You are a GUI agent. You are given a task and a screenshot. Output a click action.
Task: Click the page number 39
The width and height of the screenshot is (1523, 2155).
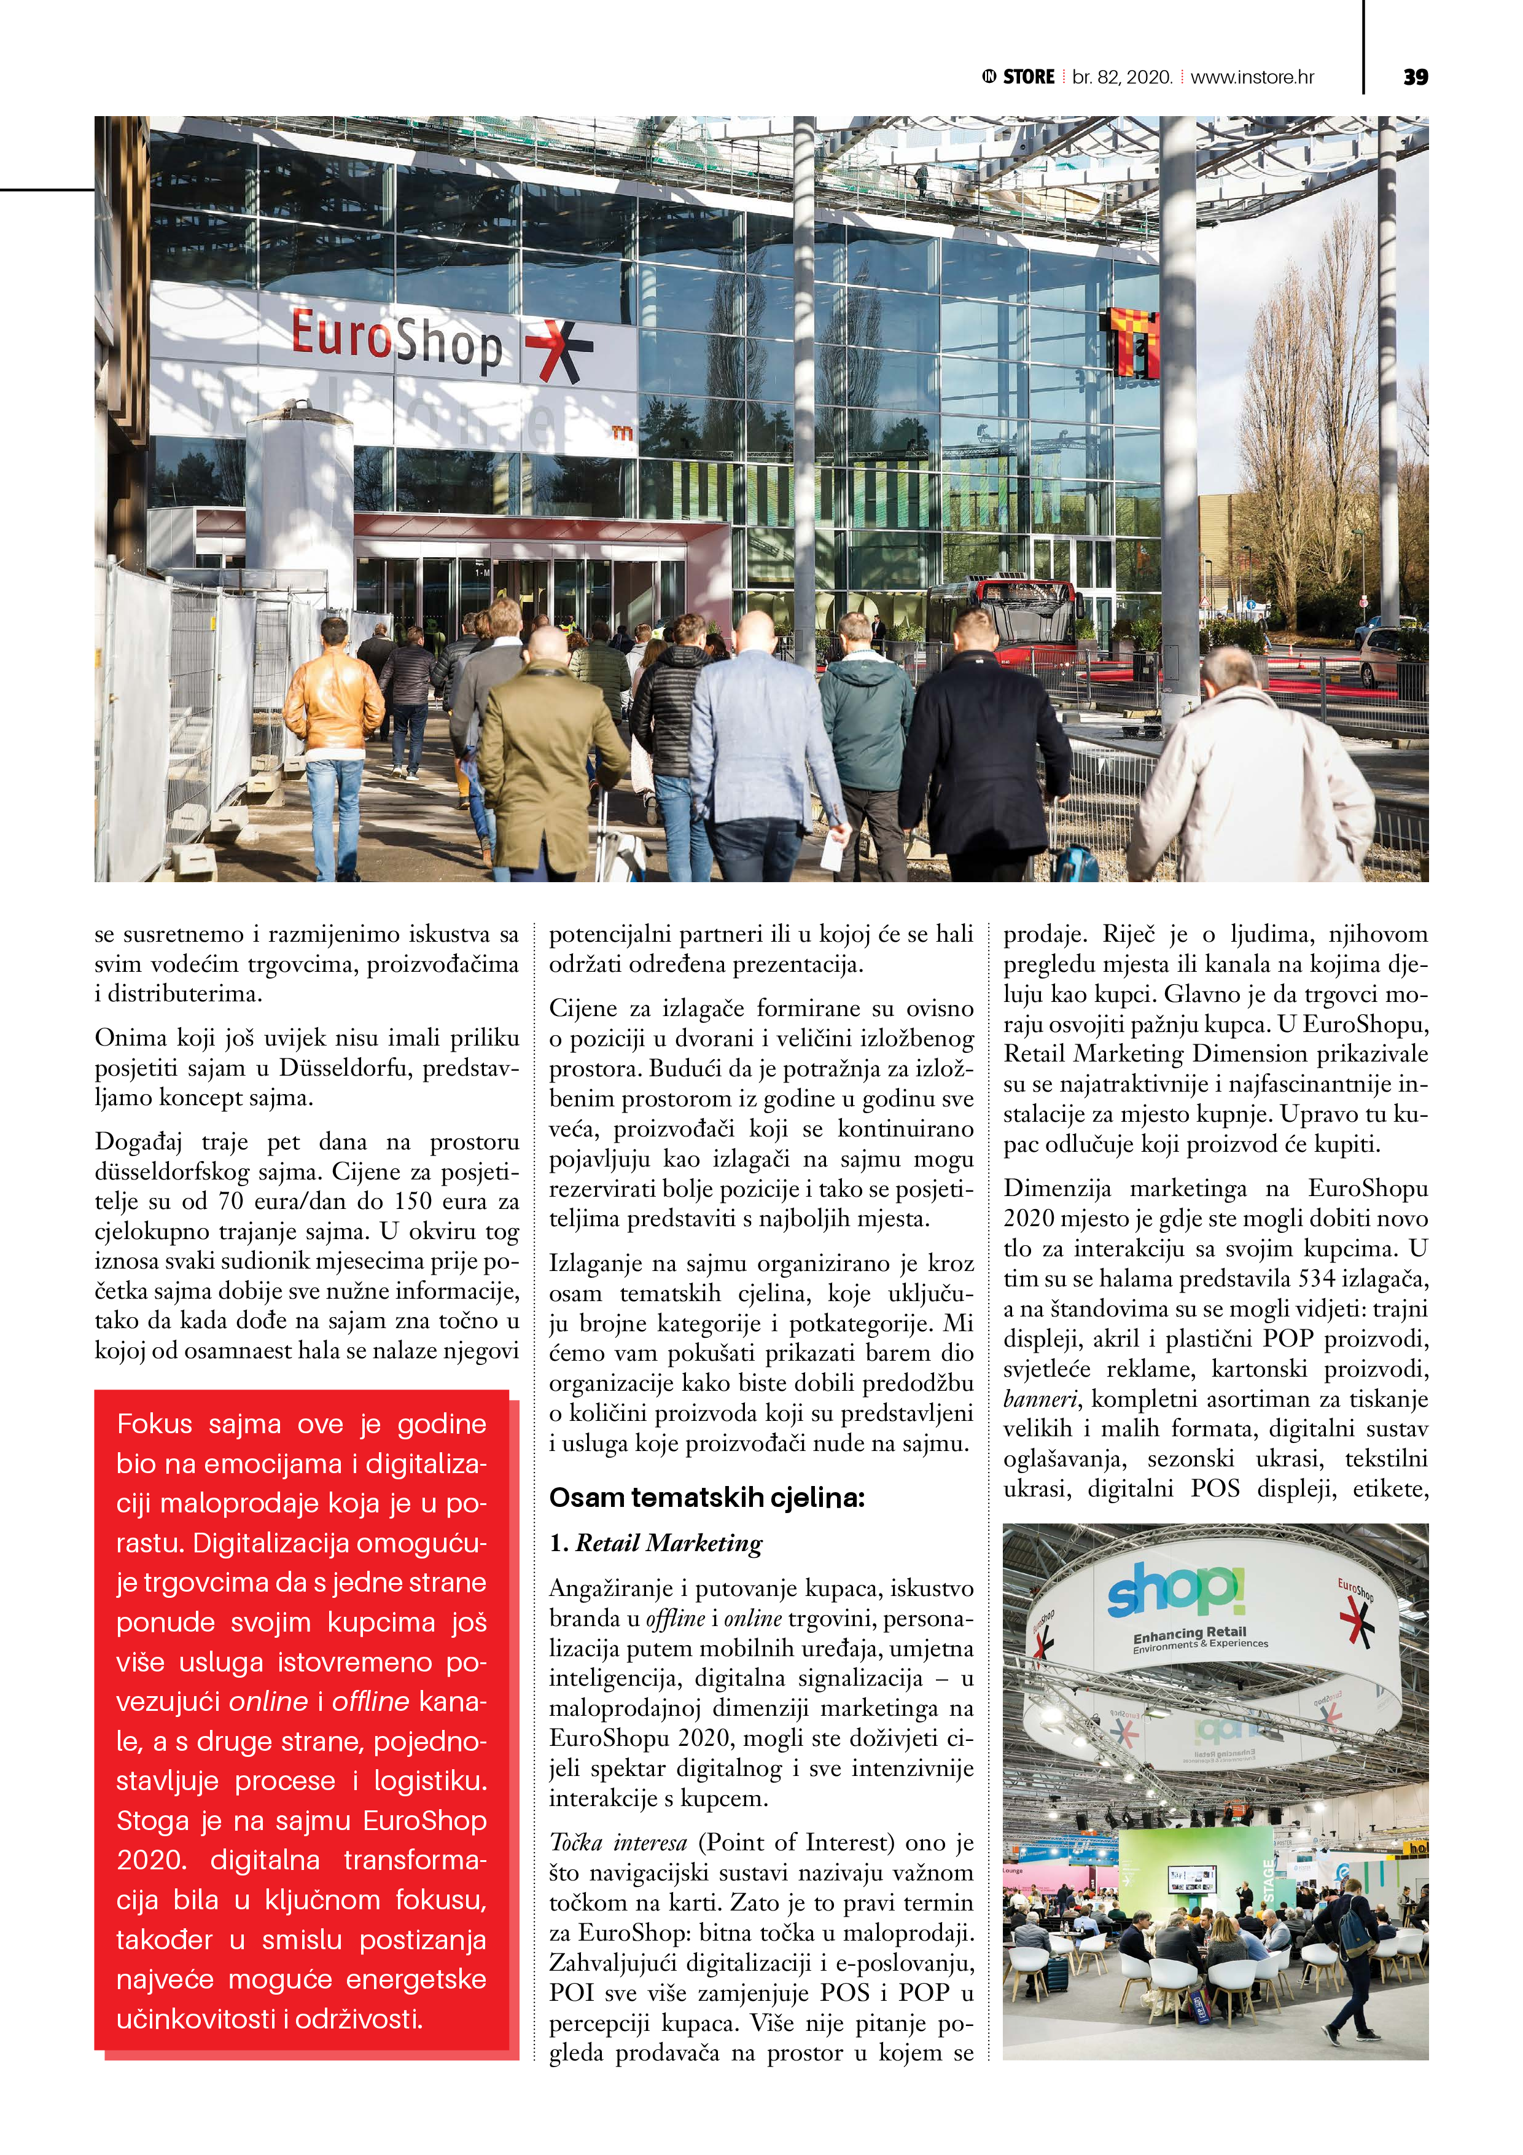pos(1415,77)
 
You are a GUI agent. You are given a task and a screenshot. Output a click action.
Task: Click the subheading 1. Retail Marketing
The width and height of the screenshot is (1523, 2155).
pos(656,1543)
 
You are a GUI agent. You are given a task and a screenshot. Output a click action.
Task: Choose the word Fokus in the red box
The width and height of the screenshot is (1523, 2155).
pos(155,1424)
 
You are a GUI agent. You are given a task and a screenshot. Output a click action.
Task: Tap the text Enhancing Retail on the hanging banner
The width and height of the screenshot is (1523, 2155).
pos(1189,1633)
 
